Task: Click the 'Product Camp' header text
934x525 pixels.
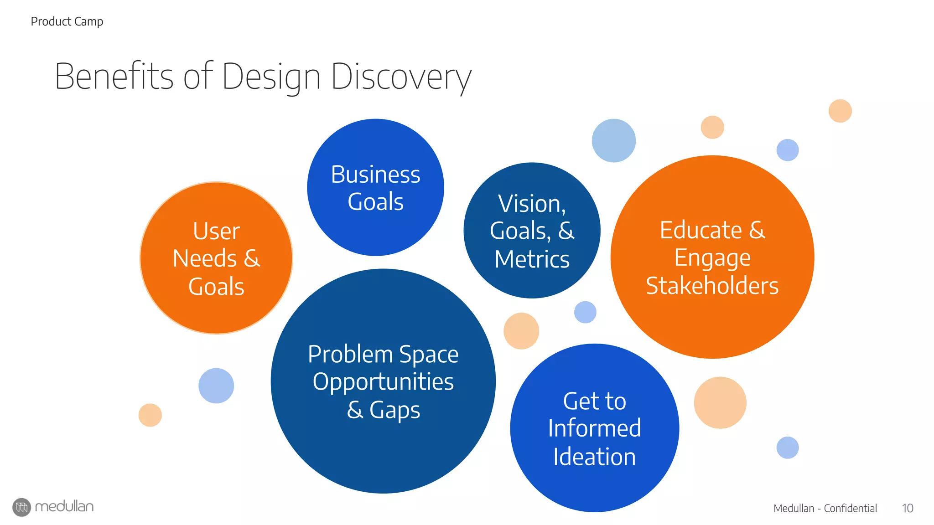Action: point(67,21)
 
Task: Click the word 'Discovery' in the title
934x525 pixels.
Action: point(401,77)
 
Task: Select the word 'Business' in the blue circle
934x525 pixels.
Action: point(375,175)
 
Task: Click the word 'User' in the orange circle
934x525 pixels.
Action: point(216,231)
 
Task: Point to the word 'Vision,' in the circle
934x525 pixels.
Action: point(532,203)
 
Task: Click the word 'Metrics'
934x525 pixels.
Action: point(532,259)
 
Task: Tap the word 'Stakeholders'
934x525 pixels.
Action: point(712,286)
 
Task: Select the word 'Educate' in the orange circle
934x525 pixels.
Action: point(700,230)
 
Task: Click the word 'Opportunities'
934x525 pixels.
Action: point(383,382)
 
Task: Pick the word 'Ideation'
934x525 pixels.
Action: point(594,457)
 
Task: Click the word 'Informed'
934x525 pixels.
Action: point(594,428)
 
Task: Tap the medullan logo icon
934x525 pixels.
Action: point(21,507)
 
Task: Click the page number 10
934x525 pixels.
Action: point(907,508)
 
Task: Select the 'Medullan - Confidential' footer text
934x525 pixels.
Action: point(825,508)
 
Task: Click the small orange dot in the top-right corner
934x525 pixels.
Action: point(840,111)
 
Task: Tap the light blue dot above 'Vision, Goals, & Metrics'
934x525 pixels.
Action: point(613,140)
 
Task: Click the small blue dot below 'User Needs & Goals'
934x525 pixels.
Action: point(216,386)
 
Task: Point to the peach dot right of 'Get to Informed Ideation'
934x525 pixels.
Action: point(720,402)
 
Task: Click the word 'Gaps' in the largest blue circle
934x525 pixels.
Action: point(394,410)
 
